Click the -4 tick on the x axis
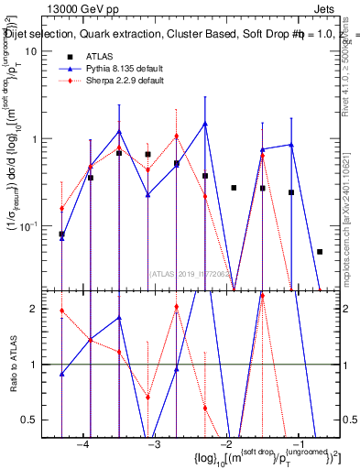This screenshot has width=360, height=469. [82, 444]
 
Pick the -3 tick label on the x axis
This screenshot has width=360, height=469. [155, 444]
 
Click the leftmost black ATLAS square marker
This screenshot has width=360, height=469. [61, 234]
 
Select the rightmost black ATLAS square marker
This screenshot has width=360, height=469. [320, 251]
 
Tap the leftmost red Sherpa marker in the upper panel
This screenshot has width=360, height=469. [61, 209]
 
